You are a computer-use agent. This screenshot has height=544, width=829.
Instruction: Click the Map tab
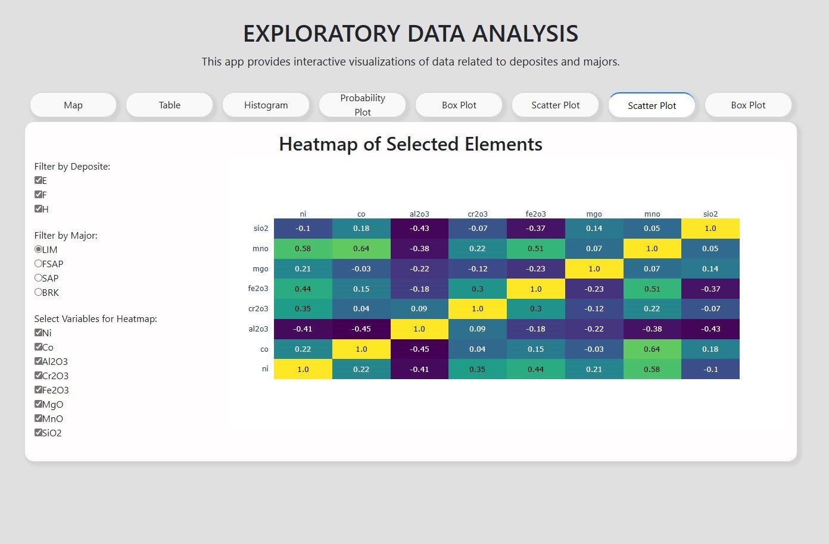pyautogui.click(x=73, y=105)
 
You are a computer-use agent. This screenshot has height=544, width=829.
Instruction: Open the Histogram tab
pyautogui.click(x=266, y=105)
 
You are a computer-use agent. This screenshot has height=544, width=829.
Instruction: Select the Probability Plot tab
pyautogui.click(x=362, y=105)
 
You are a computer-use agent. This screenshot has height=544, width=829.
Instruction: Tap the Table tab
pyautogui.click(x=170, y=105)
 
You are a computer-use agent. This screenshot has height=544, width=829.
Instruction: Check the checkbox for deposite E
pyautogui.click(x=38, y=180)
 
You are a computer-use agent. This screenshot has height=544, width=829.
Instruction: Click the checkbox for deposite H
pyautogui.click(x=38, y=208)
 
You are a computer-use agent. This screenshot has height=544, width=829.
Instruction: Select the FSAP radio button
pyautogui.click(x=38, y=263)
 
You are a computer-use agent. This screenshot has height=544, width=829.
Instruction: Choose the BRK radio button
pyautogui.click(x=38, y=292)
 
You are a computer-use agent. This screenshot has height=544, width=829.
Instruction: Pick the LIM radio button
pyautogui.click(x=38, y=249)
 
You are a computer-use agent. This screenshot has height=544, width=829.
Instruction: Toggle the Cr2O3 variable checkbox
pyautogui.click(x=38, y=376)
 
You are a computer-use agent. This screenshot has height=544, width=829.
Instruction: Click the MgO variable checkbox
pyautogui.click(x=38, y=404)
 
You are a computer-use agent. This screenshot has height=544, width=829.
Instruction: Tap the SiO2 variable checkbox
pyautogui.click(x=38, y=432)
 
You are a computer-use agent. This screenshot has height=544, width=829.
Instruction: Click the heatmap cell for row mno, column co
pyautogui.click(x=361, y=249)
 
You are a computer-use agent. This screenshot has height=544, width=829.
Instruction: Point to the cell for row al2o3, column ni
pyautogui.click(x=303, y=329)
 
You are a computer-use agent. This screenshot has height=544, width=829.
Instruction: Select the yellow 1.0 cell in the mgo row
pyautogui.click(x=594, y=268)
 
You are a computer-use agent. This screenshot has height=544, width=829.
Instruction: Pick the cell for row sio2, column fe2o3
pyautogui.click(x=536, y=228)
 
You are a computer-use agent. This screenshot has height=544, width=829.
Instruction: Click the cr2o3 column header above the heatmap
pyautogui.click(x=478, y=214)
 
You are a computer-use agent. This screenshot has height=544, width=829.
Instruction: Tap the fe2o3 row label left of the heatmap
pyautogui.click(x=258, y=289)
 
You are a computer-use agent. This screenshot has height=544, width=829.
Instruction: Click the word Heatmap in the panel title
pyautogui.click(x=318, y=144)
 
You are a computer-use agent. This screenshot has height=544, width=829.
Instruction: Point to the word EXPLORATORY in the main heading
pyautogui.click(x=322, y=33)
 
